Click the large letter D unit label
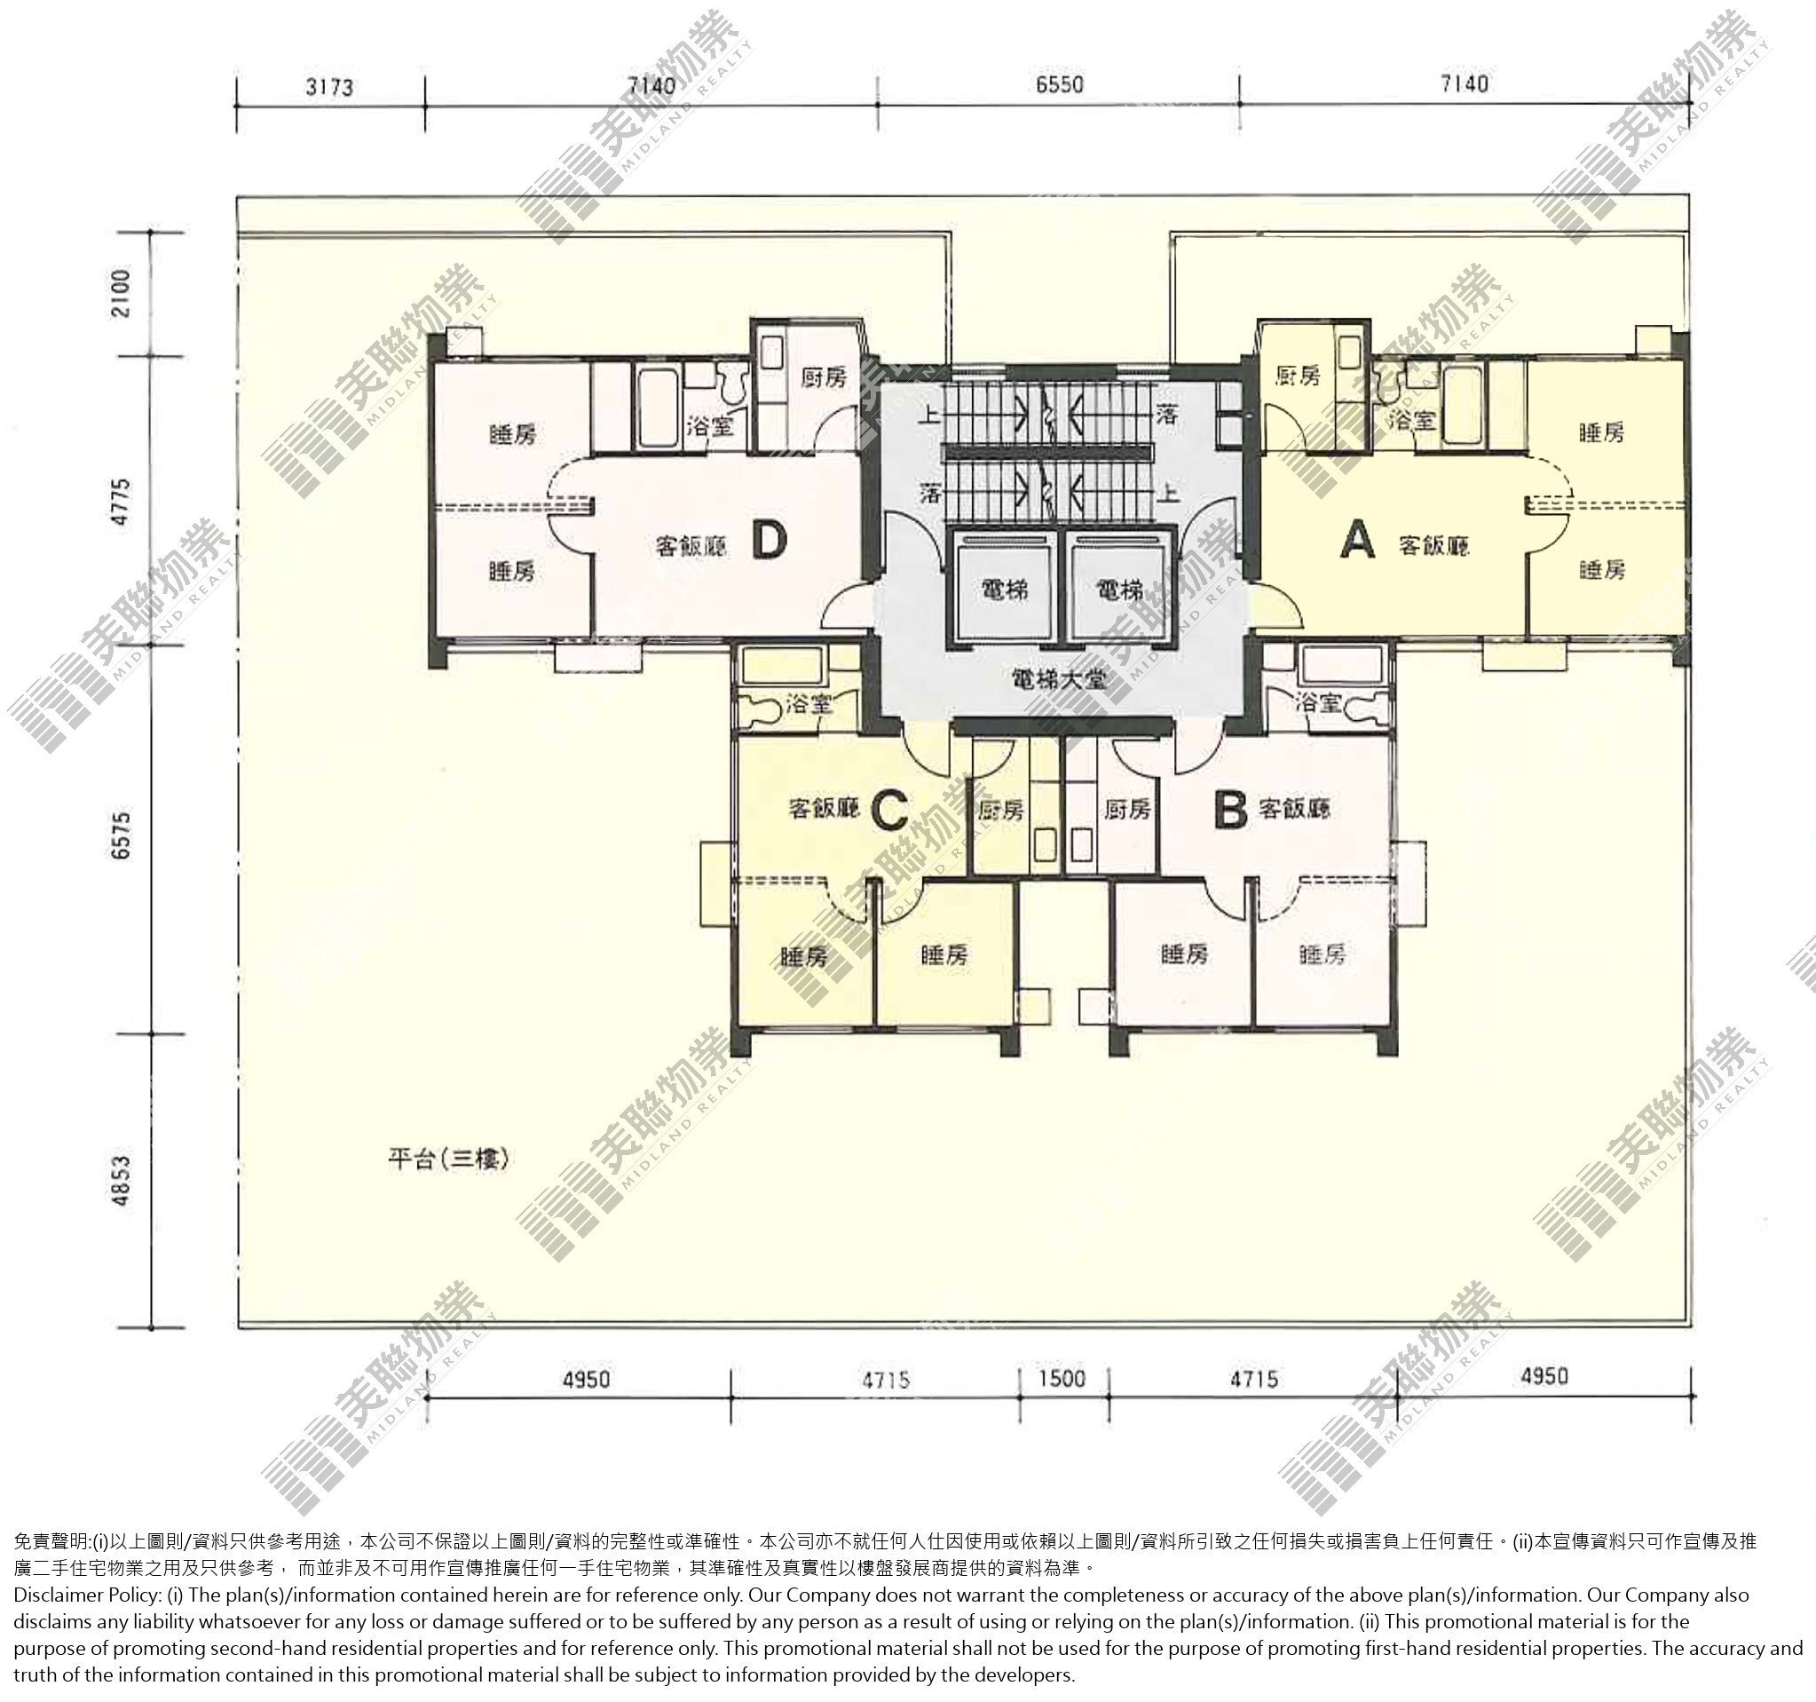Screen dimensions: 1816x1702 770,541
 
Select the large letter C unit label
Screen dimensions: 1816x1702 888,810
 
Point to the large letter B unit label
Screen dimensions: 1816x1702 1230,810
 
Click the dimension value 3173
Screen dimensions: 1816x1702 329,88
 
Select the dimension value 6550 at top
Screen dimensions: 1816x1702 1060,85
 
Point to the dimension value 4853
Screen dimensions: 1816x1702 122,1180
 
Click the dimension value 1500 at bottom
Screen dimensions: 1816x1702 1062,1377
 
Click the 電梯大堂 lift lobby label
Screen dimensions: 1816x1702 1059,680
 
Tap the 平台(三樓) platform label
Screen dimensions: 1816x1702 447,1160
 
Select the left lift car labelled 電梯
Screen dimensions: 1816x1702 1005,590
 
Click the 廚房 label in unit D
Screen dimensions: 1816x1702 823,377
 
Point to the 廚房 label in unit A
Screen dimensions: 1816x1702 1297,376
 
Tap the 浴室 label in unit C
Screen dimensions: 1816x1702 809,704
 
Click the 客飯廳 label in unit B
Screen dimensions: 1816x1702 1294,809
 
